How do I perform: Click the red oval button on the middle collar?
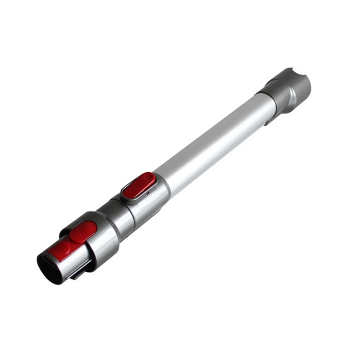coord(139,185)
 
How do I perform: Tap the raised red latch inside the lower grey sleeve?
coord(84,230)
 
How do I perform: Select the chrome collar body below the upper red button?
coord(148,205)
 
